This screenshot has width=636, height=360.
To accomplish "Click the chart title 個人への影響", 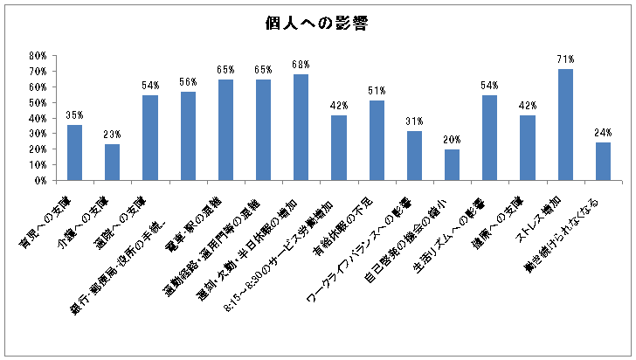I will [318, 24].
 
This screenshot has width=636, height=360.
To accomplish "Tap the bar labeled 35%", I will [74, 153].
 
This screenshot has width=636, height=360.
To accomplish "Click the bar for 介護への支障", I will [112, 163].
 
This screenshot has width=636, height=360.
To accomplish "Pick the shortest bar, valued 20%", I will [452, 165].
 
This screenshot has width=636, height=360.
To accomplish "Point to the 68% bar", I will [301, 128].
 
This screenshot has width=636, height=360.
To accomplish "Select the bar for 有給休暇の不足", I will [377, 141].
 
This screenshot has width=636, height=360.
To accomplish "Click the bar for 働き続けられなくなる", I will [603, 162].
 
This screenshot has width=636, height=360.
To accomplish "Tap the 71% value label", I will [565, 59].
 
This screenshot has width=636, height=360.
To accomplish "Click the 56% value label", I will [188, 82].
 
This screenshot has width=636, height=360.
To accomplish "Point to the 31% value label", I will [414, 121].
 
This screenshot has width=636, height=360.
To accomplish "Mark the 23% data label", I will [112, 135].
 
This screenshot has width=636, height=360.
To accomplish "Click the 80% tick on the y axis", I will [38, 55].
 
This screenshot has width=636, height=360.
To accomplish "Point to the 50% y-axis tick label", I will [38, 102].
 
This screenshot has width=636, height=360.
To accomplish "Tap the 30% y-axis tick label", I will [38, 134].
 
